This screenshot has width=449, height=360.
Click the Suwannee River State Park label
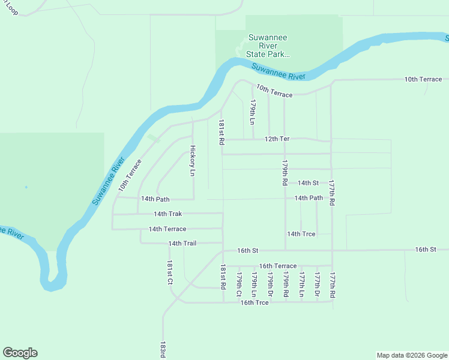(268, 46)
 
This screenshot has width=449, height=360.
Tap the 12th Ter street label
(277, 139)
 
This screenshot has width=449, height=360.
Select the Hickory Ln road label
(193, 160)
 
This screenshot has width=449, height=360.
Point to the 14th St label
(308, 183)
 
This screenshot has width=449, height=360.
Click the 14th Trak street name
(167, 214)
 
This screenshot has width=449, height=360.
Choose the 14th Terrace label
(167, 229)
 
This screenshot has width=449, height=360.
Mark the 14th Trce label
(301, 234)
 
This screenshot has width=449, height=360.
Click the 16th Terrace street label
(277, 266)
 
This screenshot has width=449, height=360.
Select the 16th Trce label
(255, 302)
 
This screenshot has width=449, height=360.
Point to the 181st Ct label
(170, 273)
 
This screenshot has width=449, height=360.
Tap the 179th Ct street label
(239, 284)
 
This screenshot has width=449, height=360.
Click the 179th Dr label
(270, 284)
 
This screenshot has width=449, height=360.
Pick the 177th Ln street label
(302, 284)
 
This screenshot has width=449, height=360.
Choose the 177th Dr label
(317, 284)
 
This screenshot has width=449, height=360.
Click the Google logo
(20, 353)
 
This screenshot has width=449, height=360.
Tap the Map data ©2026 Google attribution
(412, 355)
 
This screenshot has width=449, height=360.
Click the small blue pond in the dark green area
(26, 187)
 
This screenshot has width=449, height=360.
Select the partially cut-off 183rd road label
(163, 350)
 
